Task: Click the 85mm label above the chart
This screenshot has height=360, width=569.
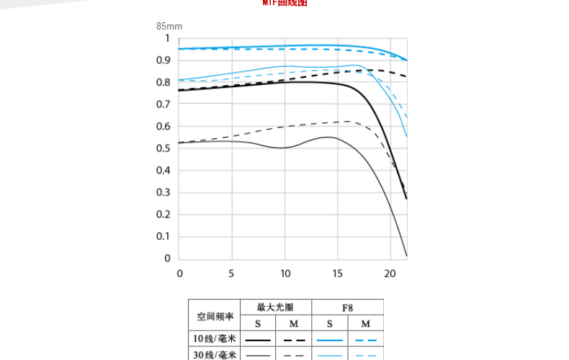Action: click(x=169, y=26)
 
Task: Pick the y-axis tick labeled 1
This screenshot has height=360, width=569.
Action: click(x=168, y=38)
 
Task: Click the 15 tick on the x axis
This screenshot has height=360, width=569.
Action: click(x=338, y=274)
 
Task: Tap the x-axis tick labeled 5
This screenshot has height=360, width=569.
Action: click(x=232, y=274)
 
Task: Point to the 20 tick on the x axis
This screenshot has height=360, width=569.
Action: click(x=390, y=274)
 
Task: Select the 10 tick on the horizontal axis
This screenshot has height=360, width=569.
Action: click(x=285, y=274)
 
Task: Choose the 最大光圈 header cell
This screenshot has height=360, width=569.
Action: click(x=276, y=307)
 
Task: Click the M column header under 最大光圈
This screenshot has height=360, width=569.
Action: click(x=294, y=323)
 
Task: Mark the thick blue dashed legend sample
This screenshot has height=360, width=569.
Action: click(x=366, y=339)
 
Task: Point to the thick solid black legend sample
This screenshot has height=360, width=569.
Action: click(x=258, y=339)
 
